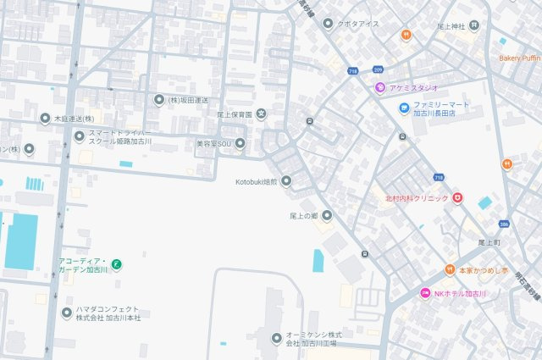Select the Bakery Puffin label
519,58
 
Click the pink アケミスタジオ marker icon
381,87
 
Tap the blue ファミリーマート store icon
406,108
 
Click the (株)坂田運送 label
187,100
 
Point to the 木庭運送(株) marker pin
47,119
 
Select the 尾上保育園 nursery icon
261,114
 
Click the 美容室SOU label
213,143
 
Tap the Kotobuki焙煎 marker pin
285,180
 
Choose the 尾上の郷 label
303,215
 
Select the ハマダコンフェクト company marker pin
67,313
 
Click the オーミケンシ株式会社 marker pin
275,339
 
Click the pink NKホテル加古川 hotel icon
425,293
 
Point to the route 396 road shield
504,224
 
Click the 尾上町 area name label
489,242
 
